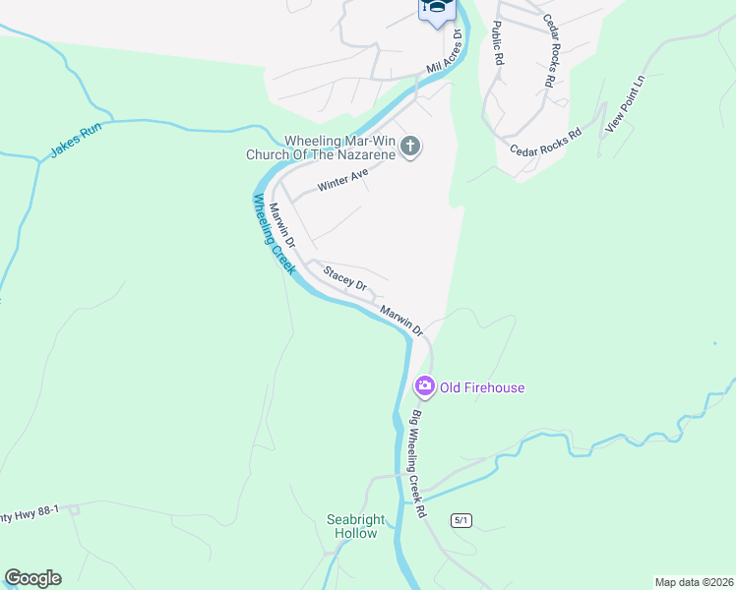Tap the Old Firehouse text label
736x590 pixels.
pyautogui.click(x=482, y=387)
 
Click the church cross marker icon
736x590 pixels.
pyautogui.click(x=411, y=148)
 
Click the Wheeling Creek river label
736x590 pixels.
pyautogui.click(x=275, y=233)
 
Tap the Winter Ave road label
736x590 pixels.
pyautogui.click(x=342, y=180)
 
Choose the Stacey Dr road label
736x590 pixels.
pyautogui.click(x=345, y=278)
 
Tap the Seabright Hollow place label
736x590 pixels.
pyautogui.click(x=353, y=526)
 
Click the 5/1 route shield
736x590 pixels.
pyautogui.click(x=462, y=519)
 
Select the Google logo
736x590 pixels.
pyautogui.click(x=33, y=578)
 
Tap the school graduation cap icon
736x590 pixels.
pyautogui.click(x=437, y=8)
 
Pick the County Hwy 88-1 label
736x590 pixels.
pyautogui.click(x=30, y=511)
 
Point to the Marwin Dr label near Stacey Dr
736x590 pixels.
pyautogui.click(x=400, y=319)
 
